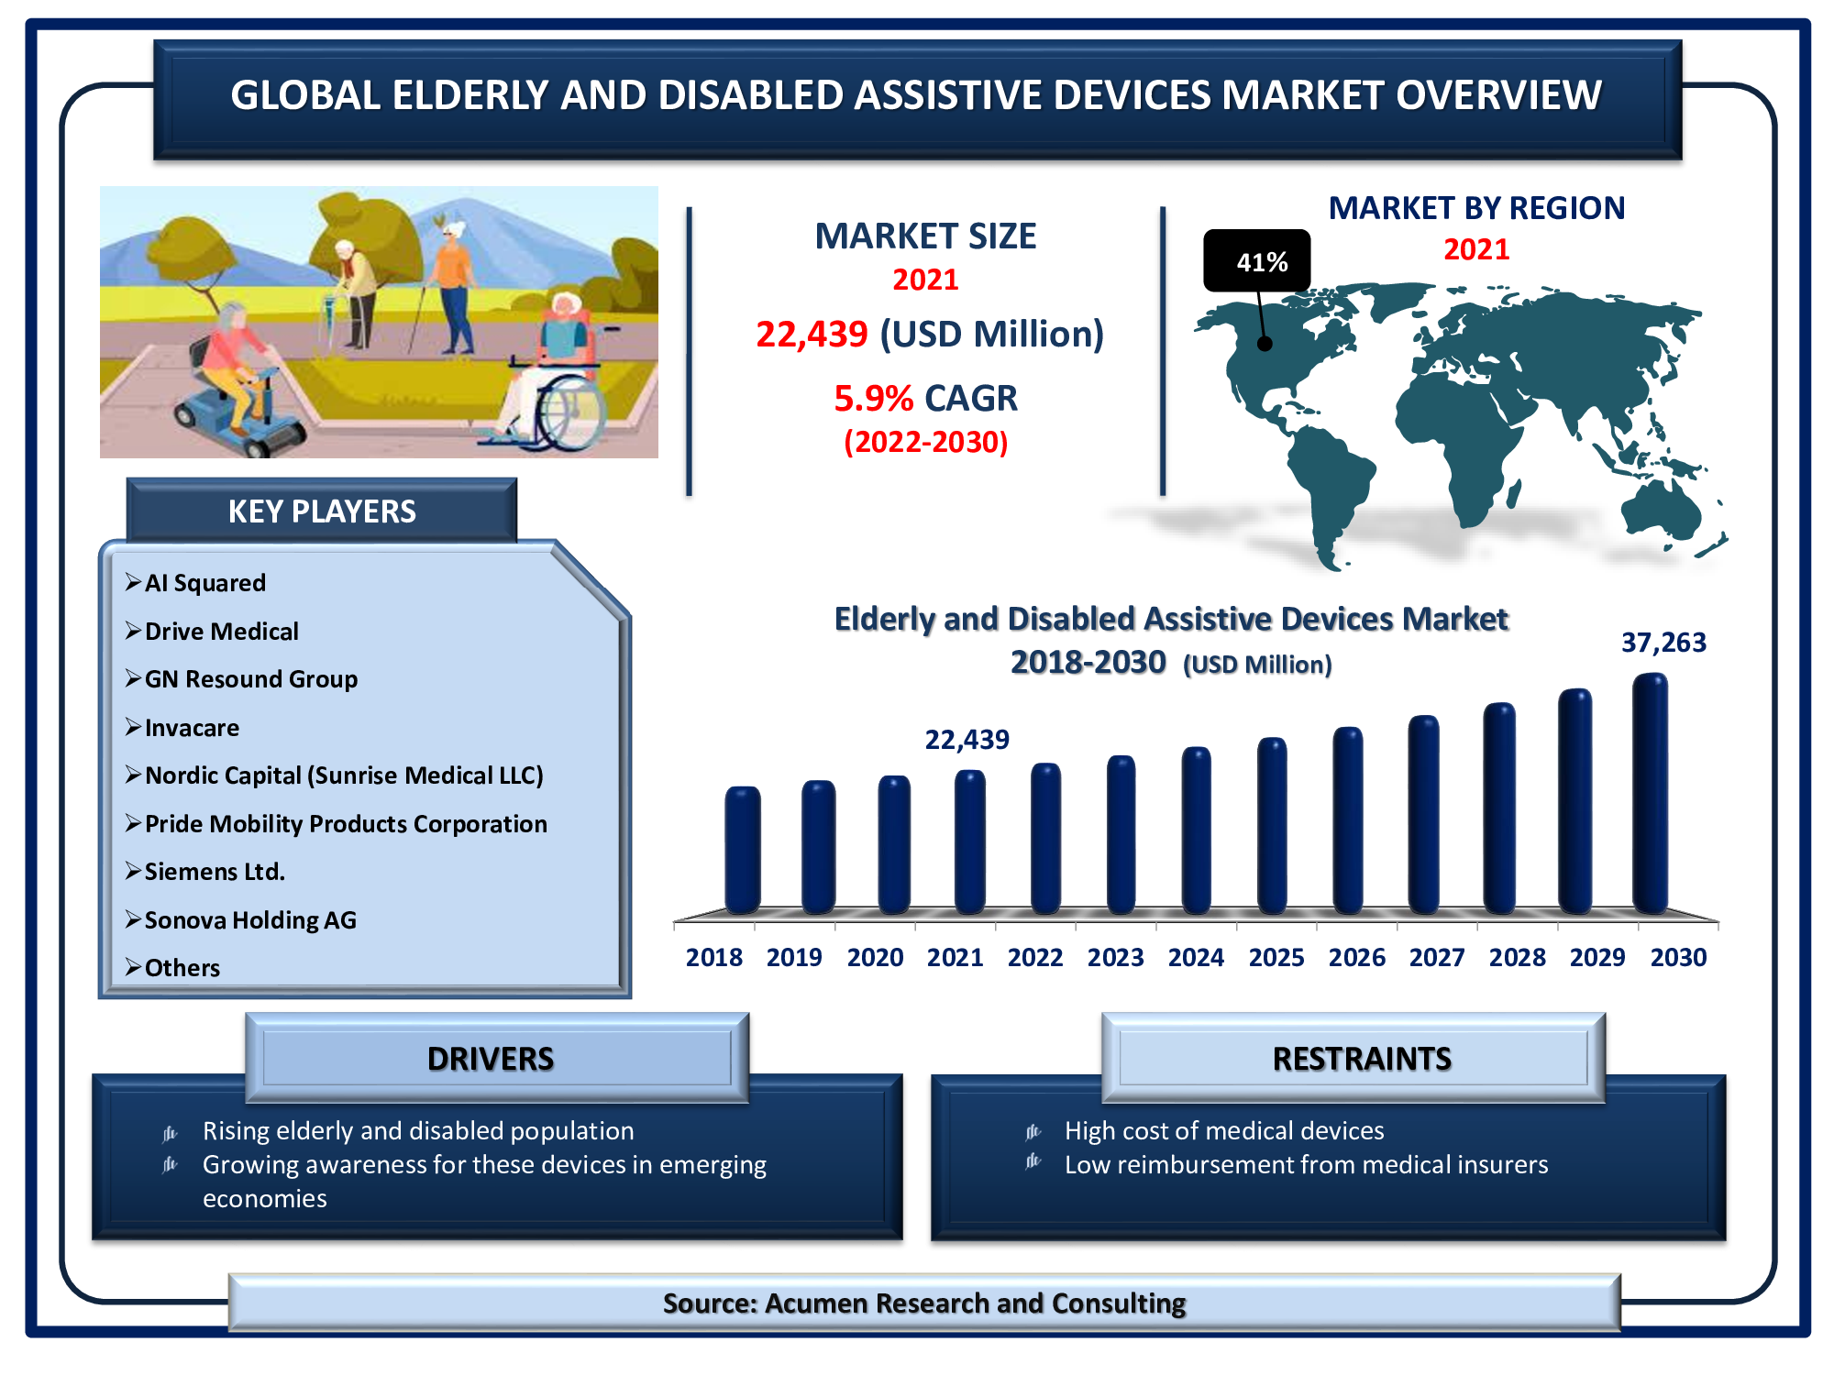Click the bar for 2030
[1650, 794]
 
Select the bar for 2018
[742, 850]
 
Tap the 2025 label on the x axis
[1276, 958]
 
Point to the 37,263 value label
[1663, 643]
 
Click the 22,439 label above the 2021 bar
[967, 740]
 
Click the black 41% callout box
[1257, 261]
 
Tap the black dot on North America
[1265, 344]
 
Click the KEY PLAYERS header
[322, 511]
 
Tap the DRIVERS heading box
[497, 1058]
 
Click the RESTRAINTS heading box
[1353, 1058]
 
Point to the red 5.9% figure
[873, 399]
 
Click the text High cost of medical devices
[1224, 1131]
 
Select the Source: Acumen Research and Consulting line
[924, 1303]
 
